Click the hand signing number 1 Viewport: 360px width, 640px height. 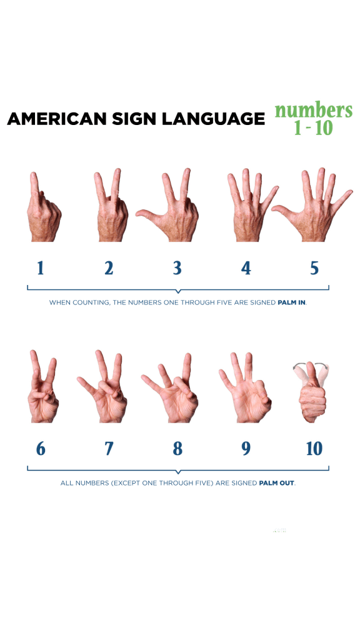[43, 212]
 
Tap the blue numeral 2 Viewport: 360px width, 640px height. [109, 268]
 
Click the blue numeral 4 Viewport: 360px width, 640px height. [246, 268]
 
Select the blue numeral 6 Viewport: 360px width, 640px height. [41, 449]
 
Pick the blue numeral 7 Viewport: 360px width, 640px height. [109, 449]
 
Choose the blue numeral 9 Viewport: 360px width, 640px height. [246, 449]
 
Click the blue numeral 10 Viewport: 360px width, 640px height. [314, 449]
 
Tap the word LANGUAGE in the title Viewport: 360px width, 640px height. [214, 119]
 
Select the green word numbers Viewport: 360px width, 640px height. [314, 110]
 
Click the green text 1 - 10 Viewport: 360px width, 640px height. [314, 129]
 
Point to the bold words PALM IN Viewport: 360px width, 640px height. [291, 303]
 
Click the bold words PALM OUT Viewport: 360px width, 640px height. [276, 483]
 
